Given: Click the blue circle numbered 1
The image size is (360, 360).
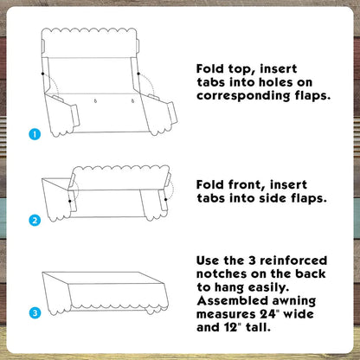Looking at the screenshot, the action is [35, 134].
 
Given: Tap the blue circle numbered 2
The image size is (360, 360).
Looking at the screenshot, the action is [35, 221].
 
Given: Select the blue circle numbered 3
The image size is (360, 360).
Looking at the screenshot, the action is [35, 313].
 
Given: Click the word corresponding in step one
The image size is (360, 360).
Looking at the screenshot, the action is [243, 96].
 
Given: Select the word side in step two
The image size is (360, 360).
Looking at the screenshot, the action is [273, 198].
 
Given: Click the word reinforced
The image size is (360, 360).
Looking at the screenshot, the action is [293, 260].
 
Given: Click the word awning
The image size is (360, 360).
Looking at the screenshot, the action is [294, 301].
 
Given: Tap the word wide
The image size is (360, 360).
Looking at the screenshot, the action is [299, 314].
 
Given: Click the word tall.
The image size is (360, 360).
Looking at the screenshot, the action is [258, 327].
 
